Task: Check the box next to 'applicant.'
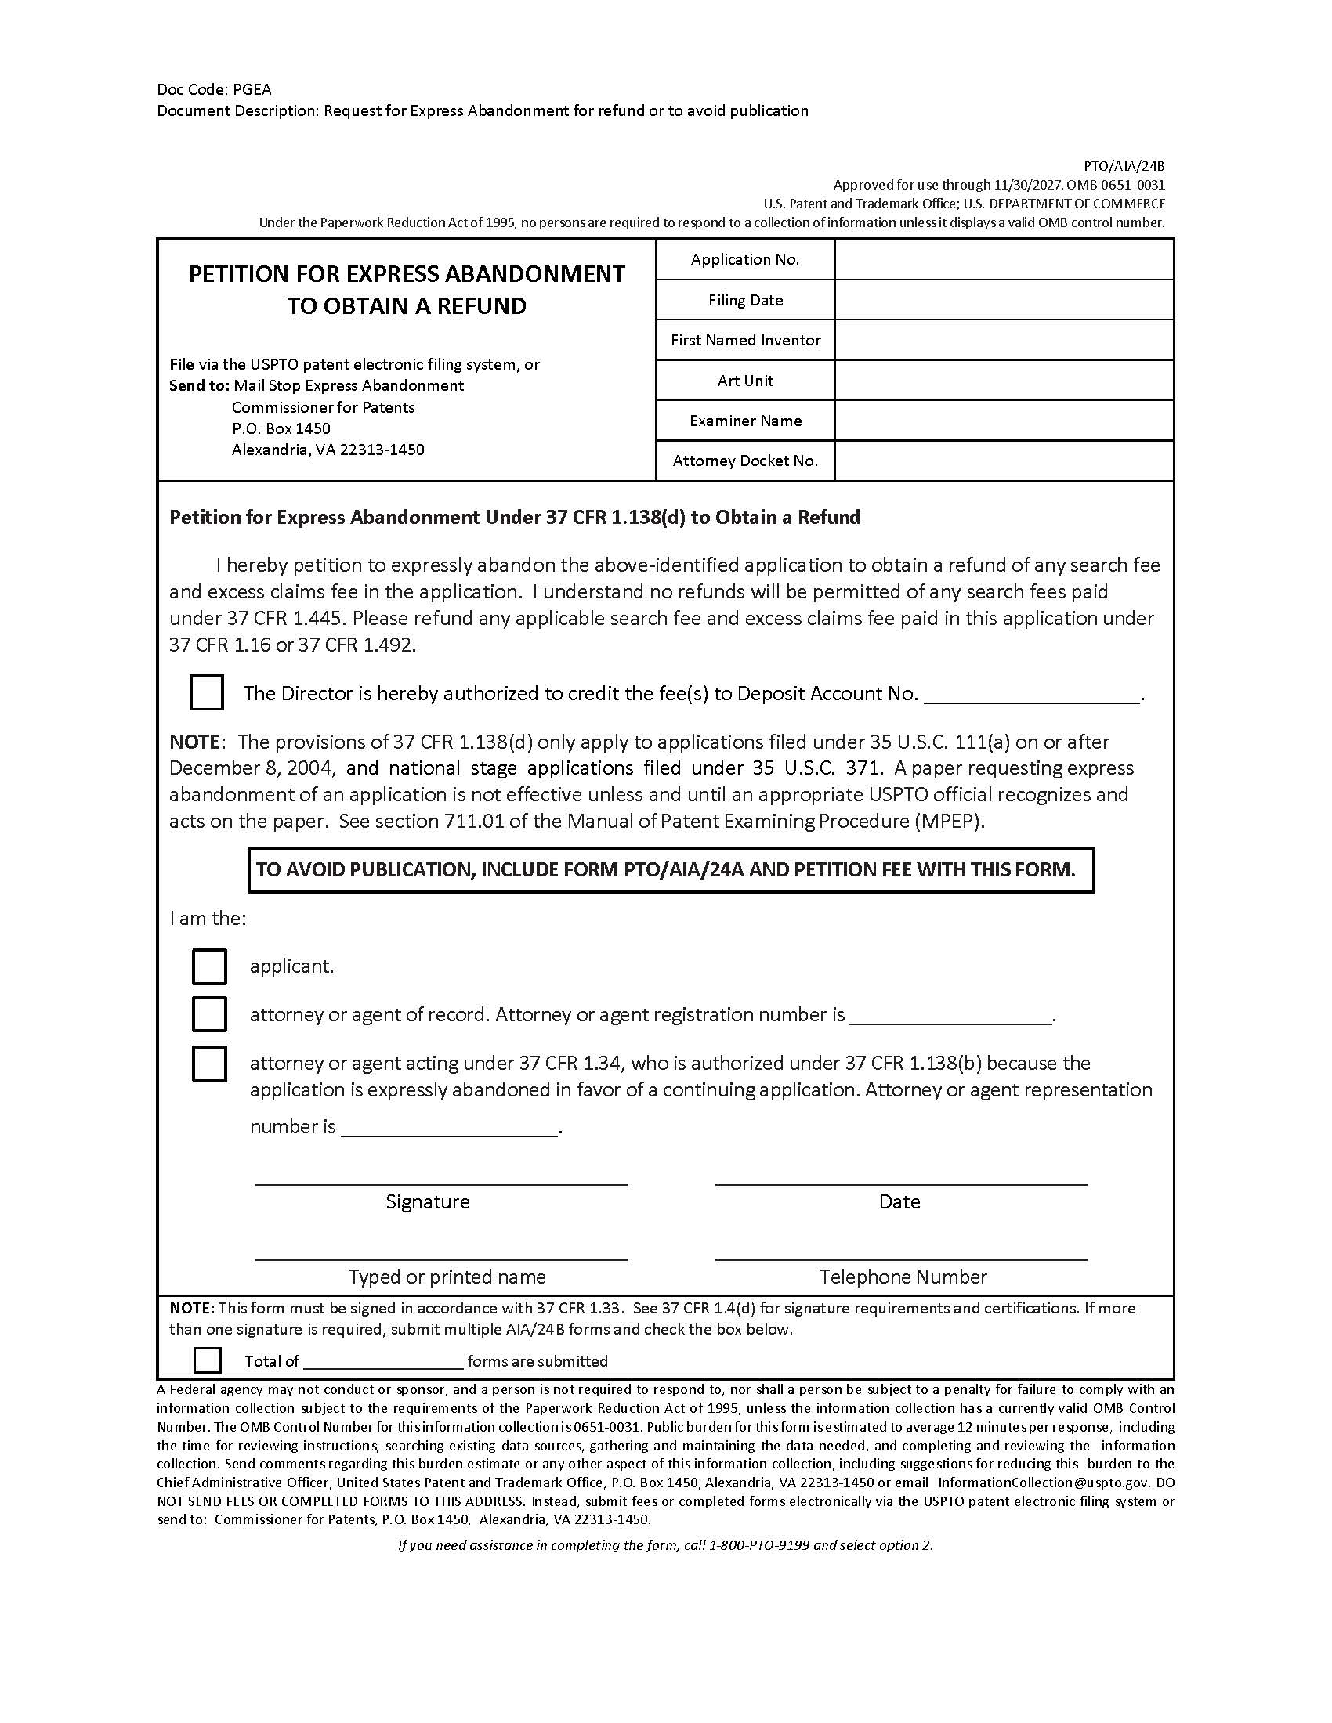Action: pyautogui.click(x=209, y=966)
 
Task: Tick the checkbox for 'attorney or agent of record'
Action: pyautogui.click(x=209, y=1014)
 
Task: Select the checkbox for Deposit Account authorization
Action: pyautogui.click(x=207, y=692)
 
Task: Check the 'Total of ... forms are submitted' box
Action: pyautogui.click(x=208, y=1360)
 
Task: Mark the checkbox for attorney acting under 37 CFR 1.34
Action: pyautogui.click(x=209, y=1064)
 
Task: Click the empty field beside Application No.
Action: pyautogui.click(x=1004, y=259)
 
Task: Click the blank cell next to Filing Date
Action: pyautogui.click(x=1004, y=300)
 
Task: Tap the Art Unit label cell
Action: pyautogui.click(x=745, y=381)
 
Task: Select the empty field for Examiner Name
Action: pyautogui.click(x=1004, y=421)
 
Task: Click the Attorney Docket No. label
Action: pyautogui.click(x=745, y=461)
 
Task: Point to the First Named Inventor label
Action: pyautogui.click(x=745, y=340)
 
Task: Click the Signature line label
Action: pyautogui.click(x=428, y=1201)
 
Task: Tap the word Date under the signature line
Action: pyautogui.click(x=899, y=1201)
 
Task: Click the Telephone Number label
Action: pyautogui.click(x=903, y=1277)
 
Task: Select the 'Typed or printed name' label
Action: pyautogui.click(x=447, y=1277)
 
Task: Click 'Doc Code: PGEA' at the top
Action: pyautogui.click(x=214, y=89)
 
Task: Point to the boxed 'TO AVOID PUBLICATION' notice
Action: pyautogui.click(x=671, y=870)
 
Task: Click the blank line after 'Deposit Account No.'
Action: pyautogui.click(x=1031, y=694)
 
